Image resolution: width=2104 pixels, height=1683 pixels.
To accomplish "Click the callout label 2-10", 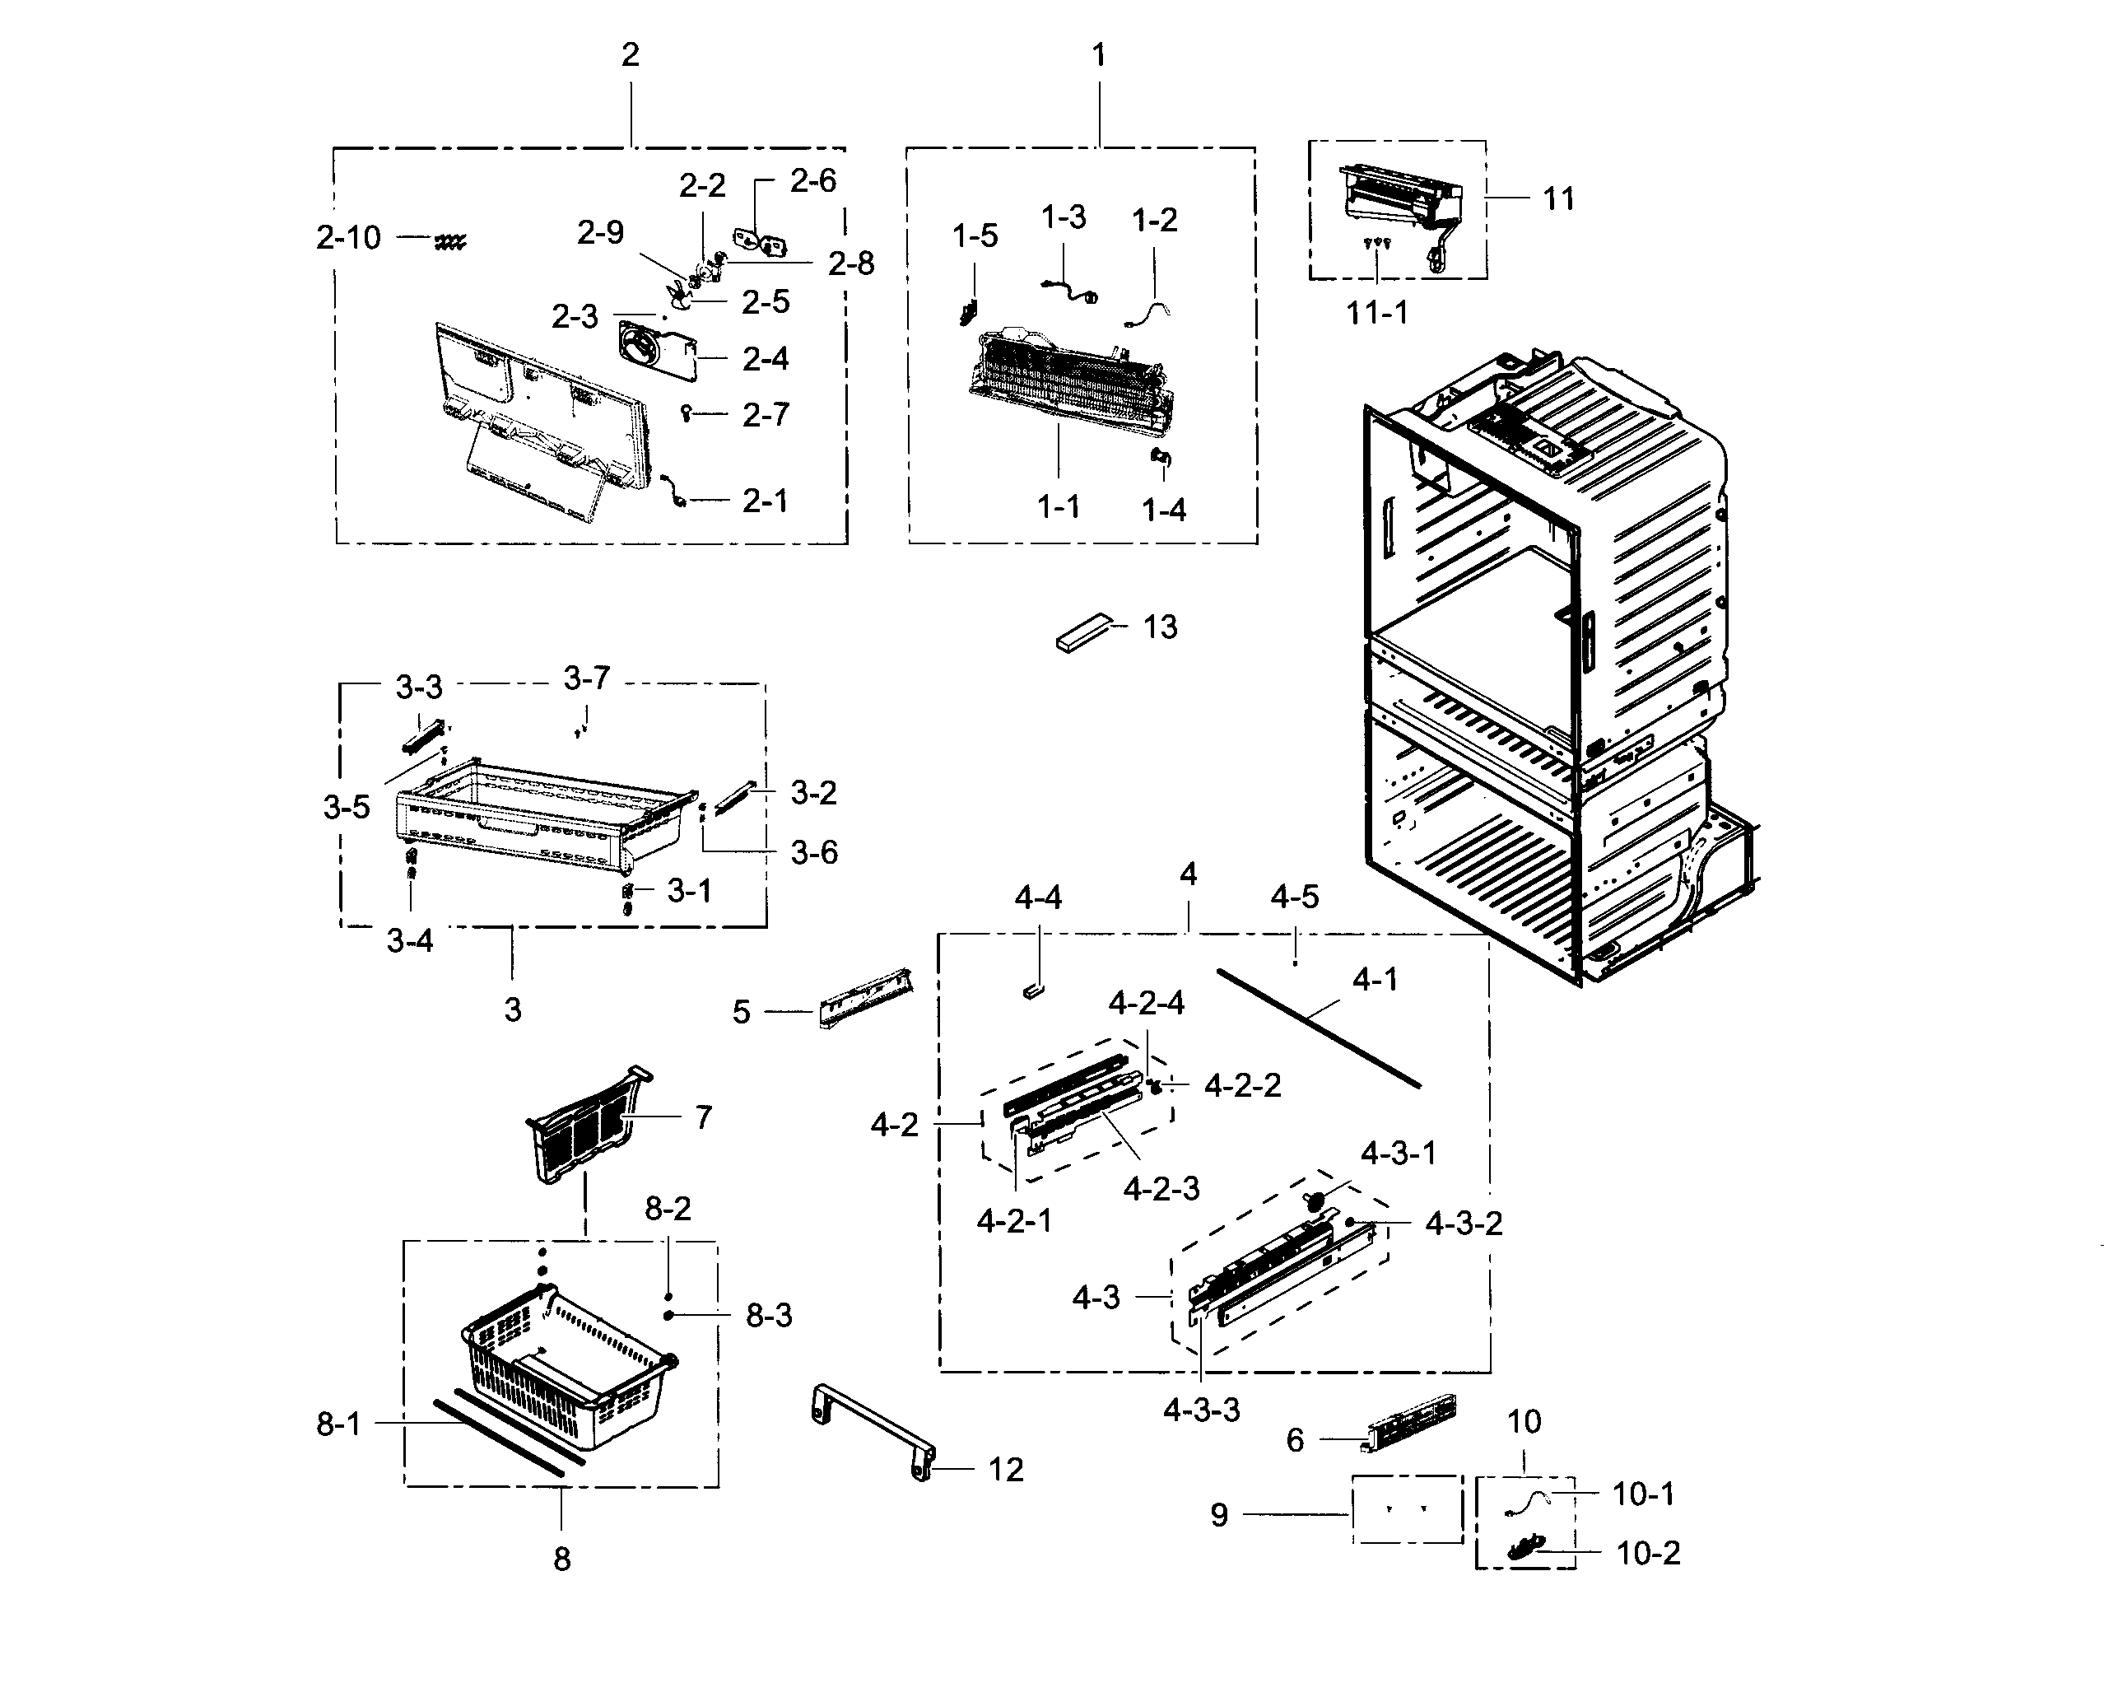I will point(348,237).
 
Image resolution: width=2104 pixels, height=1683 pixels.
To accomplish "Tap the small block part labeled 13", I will point(1083,632).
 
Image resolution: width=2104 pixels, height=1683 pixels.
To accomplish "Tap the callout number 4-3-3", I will point(1200,1410).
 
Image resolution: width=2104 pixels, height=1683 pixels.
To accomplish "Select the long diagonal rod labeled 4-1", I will point(1317,1027).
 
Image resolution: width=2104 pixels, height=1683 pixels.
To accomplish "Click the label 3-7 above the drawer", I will point(587,677).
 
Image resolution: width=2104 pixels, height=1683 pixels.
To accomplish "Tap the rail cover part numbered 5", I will point(864,1000).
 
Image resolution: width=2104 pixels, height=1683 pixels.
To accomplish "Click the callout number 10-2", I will point(1648,1552).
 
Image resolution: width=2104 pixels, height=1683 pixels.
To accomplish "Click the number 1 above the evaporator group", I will point(1099,54).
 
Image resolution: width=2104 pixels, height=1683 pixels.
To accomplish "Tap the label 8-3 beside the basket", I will point(769,1315).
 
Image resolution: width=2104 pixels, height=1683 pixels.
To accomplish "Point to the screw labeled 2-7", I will point(687,413).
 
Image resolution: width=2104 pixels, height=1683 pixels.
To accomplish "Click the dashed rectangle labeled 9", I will point(1406,1509).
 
